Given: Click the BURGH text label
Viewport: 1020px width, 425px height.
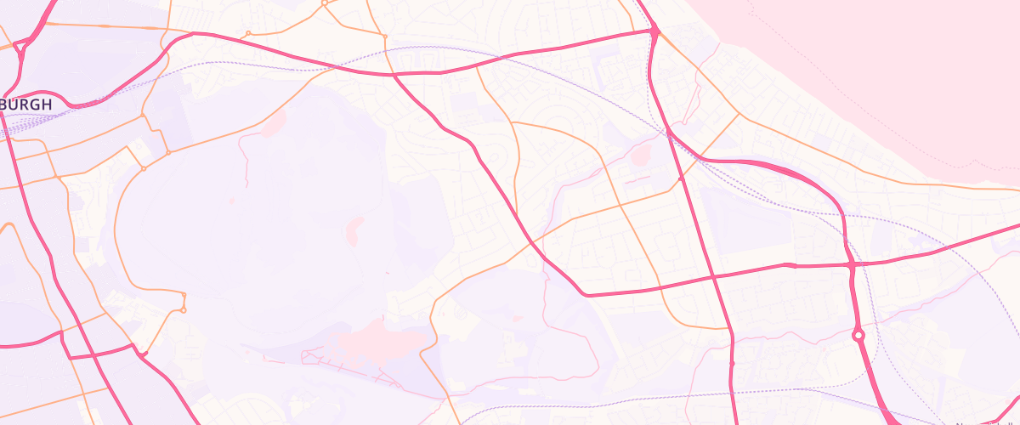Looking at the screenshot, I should click(x=25, y=105).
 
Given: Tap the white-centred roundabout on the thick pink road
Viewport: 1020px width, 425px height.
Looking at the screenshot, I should click(x=858, y=336).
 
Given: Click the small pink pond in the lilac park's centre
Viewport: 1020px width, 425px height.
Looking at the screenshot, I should click(x=354, y=228).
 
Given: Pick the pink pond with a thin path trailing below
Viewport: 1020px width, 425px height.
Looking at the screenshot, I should click(x=274, y=126).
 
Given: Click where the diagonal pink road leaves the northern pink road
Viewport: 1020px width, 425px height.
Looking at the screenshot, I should click(x=393, y=75).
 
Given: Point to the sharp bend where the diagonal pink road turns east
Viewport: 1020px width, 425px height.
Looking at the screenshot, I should click(x=585, y=294).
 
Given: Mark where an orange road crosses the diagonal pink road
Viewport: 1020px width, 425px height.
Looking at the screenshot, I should click(x=532, y=241).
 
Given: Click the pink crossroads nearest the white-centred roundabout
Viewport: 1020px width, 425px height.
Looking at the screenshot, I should click(x=851, y=265).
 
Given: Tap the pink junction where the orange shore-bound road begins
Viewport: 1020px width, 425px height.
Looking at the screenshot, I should click(x=655, y=31).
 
